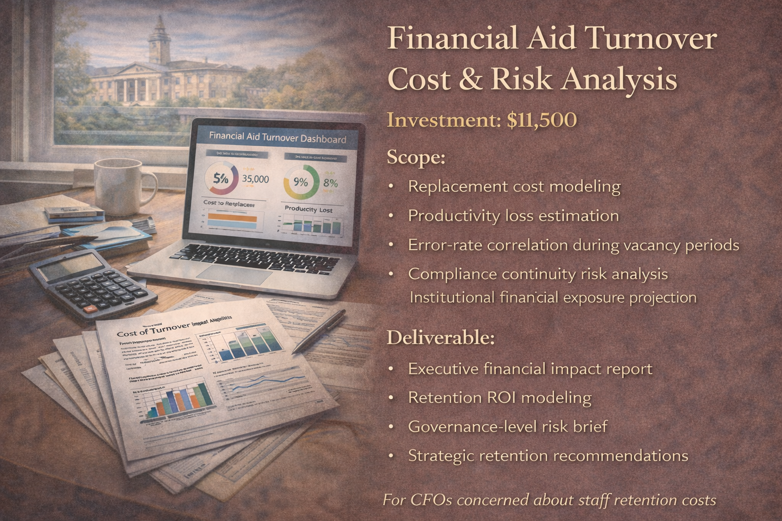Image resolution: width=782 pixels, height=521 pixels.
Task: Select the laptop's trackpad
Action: [235, 274]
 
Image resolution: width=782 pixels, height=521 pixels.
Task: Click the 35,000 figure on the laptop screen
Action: [255, 179]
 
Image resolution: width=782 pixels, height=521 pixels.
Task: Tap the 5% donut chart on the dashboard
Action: [221, 179]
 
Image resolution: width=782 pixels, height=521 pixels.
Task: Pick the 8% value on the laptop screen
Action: [330, 183]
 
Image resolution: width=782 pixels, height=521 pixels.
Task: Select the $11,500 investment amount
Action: [542, 120]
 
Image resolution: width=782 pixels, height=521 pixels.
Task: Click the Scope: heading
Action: [416, 157]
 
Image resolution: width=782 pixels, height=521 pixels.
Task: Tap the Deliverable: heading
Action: [440, 338]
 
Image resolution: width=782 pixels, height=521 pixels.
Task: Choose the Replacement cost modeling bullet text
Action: [514, 187]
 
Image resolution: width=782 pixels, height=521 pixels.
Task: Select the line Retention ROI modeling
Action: [499, 397]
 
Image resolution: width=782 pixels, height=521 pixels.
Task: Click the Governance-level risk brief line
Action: [508, 426]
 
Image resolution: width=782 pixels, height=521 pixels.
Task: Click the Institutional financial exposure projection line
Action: [553, 297]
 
